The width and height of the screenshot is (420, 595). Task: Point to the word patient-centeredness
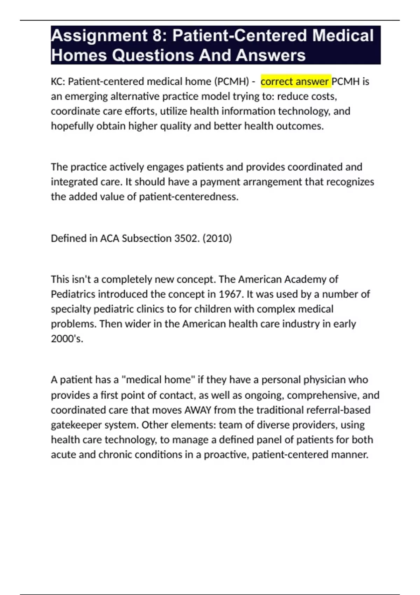[189, 197]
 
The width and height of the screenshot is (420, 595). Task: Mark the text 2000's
[67, 339]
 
